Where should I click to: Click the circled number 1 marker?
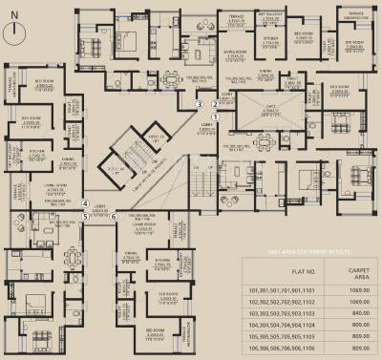coord(216,116)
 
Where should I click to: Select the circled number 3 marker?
coord(199,103)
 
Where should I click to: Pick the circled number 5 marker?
coord(85,216)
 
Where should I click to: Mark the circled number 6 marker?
coord(114,216)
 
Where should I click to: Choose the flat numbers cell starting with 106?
coord(287,351)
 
